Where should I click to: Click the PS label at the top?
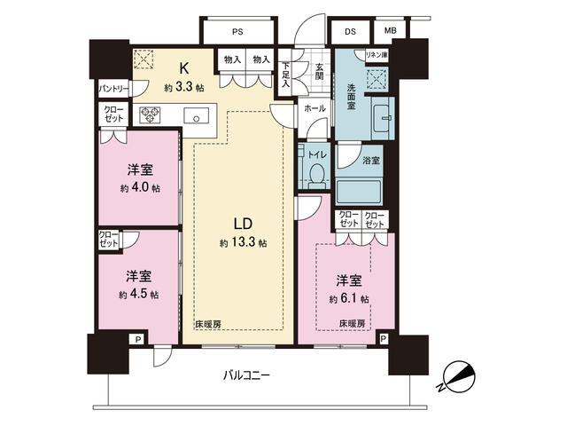(237, 32)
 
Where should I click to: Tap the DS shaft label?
(350, 32)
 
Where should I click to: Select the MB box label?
(390, 32)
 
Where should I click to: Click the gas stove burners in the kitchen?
(148, 114)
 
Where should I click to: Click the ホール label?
(315, 109)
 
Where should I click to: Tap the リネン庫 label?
(381, 54)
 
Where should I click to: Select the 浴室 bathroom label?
(370, 161)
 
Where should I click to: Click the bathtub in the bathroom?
(358, 191)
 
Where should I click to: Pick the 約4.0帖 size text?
(141, 188)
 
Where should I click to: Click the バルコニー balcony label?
(245, 375)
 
